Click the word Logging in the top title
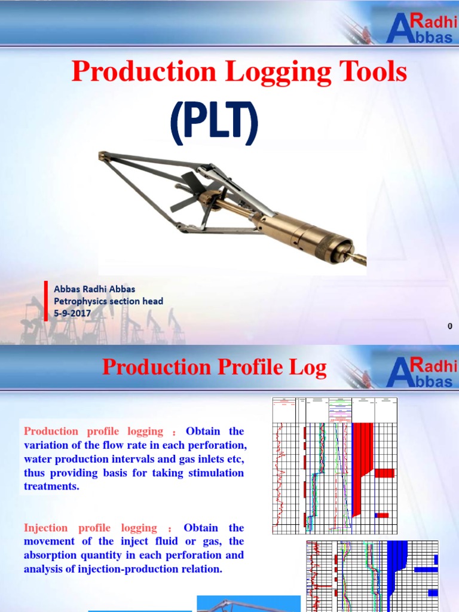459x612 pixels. (x=273, y=72)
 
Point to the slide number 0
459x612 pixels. (x=449, y=326)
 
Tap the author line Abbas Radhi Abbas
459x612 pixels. (x=94, y=289)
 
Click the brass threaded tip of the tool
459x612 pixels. (x=357, y=258)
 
